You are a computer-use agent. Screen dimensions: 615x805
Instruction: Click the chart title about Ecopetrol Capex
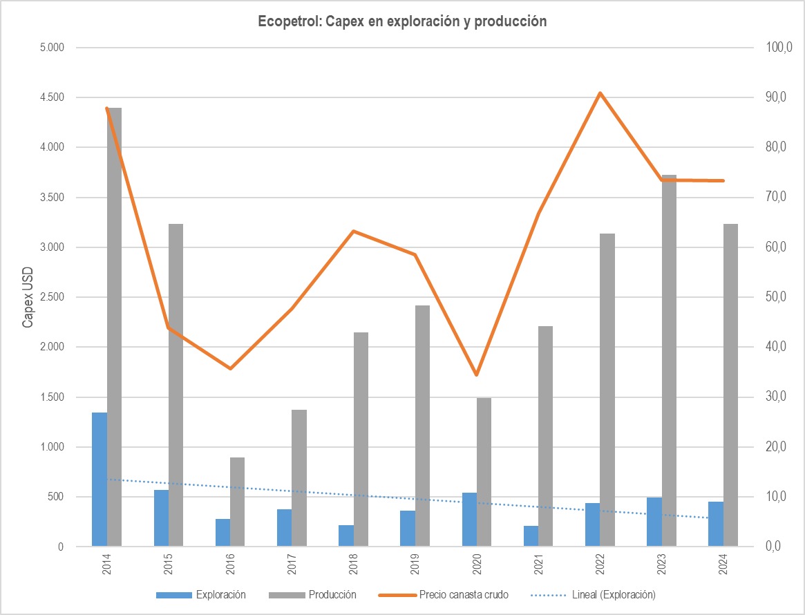pos(402,21)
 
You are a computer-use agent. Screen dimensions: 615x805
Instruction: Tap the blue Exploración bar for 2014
pos(100,480)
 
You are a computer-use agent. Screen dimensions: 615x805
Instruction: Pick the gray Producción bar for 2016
pos(238,502)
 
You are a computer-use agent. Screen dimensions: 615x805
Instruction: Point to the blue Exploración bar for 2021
pos(531,536)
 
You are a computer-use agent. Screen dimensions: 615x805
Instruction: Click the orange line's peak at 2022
pos(600,93)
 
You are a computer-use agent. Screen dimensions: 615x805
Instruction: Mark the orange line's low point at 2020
pos(476,375)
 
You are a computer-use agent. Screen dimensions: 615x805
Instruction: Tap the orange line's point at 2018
pos(353,231)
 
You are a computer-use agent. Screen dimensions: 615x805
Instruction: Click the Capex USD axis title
pos(28,297)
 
